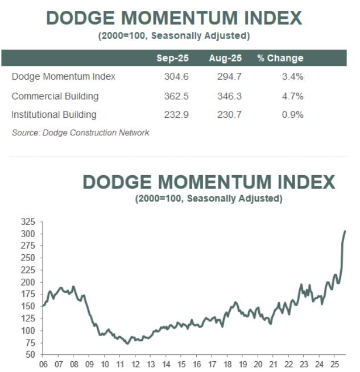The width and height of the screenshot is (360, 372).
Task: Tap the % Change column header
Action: click(x=280, y=58)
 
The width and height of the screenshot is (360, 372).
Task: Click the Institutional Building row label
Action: click(x=54, y=115)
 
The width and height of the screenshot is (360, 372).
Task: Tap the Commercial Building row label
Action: click(x=55, y=96)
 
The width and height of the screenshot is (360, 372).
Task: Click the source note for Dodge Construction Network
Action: click(x=80, y=133)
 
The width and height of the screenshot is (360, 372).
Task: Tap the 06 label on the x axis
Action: click(x=43, y=365)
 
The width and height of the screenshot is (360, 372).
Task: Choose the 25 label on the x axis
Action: click(x=336, y=365)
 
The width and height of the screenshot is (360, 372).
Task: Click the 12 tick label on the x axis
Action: click(x=135, y=365)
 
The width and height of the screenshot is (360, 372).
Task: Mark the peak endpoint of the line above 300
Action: click(x=345, y=231)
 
